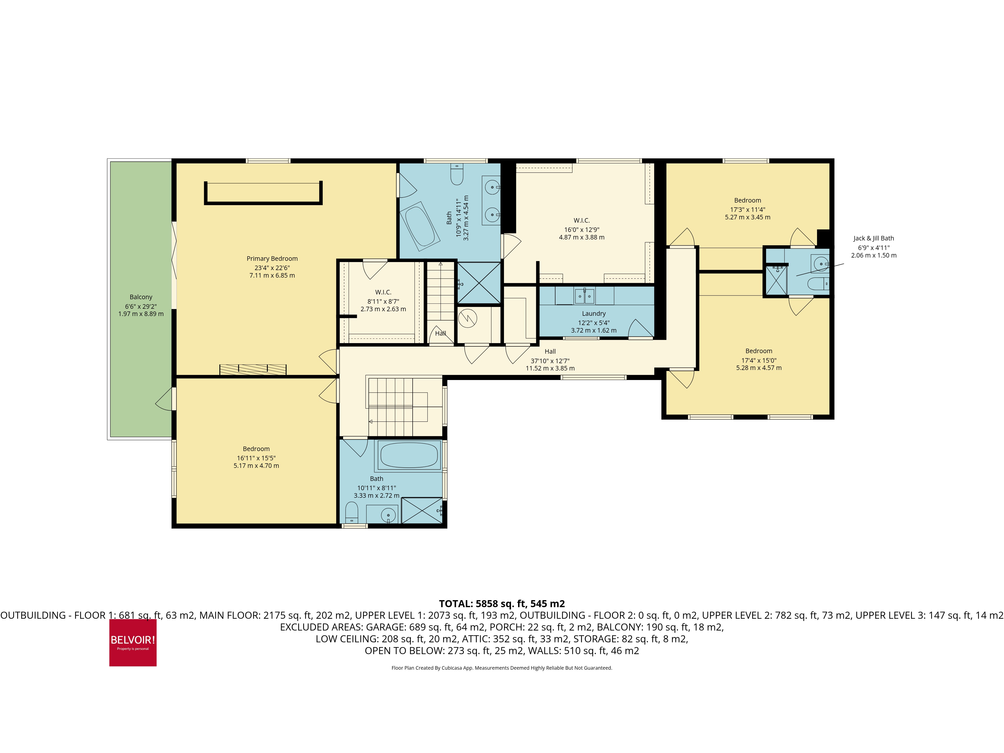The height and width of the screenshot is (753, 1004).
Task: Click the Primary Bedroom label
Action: tap(272, 259)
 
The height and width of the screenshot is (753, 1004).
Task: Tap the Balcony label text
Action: tap(141, 297)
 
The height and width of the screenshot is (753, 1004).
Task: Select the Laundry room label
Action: tap(594, 314)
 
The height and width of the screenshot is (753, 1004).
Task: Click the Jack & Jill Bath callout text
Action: tap(873, 238)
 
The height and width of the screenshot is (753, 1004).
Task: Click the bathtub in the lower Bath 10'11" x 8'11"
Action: tap(408, 455)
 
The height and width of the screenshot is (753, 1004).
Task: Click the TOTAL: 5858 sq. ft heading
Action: tap(501, 604)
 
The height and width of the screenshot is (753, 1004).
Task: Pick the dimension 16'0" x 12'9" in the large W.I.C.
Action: tap(581, 230)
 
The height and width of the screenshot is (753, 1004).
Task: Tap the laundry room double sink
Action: tap(584, 296)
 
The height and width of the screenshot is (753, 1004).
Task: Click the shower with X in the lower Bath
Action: tap(422, 511)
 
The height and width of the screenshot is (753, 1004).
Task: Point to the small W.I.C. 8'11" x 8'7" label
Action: tap(383, 292)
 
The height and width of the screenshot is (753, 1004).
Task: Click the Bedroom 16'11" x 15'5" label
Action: tap(256, 449)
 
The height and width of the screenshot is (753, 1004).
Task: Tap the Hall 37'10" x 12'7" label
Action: tap(550, 351)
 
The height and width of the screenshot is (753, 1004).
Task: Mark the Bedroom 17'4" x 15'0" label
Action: tap(759, 351)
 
